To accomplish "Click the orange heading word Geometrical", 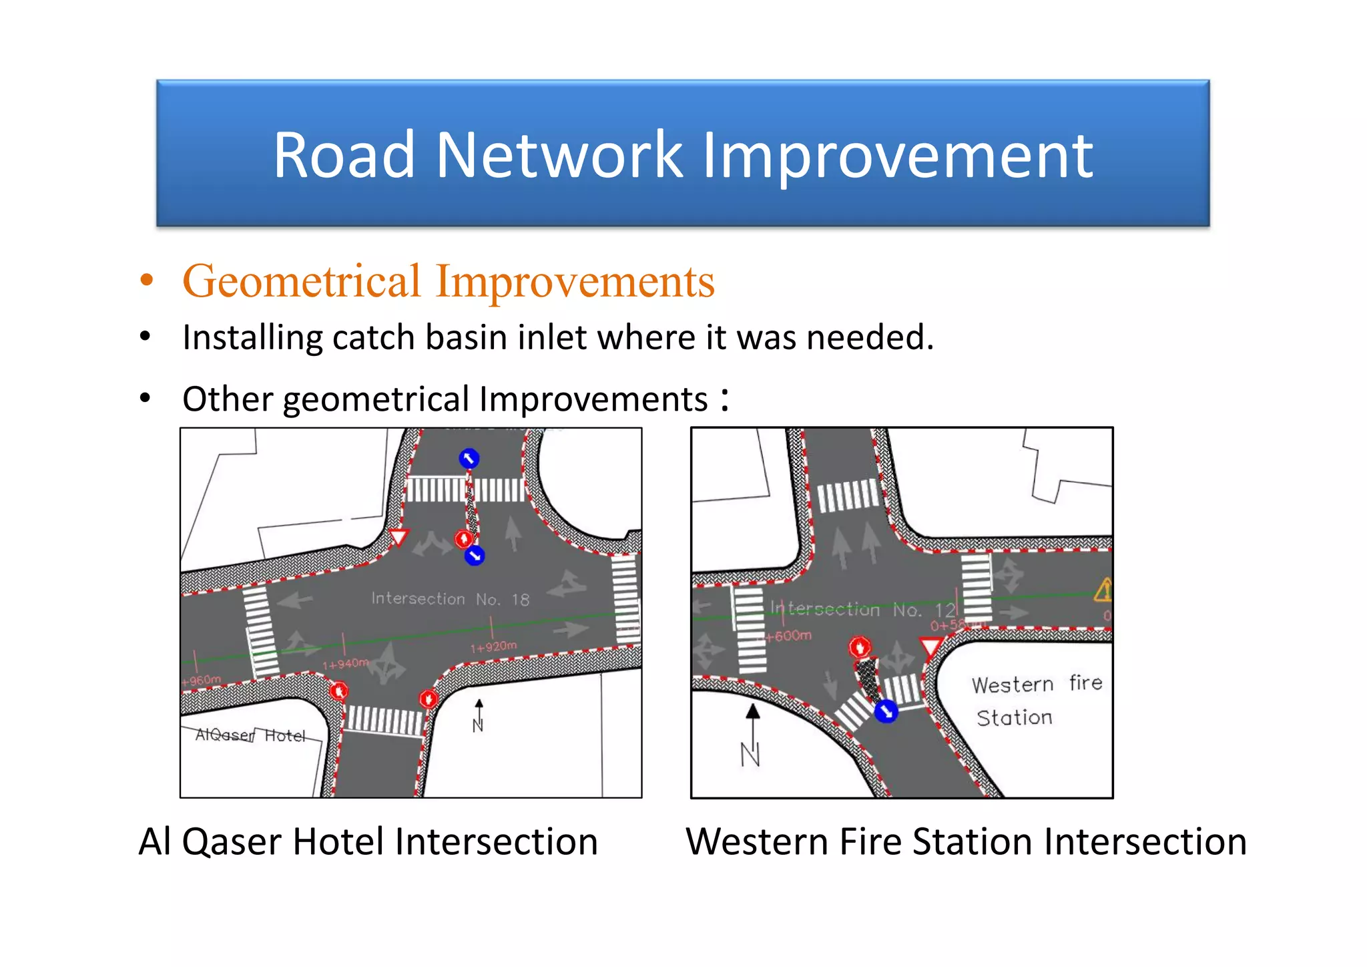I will pos(302,281).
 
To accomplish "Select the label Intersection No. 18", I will pos(450,598).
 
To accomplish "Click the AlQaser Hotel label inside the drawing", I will pos(250,735).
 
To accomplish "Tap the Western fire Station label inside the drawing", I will pos(1035,701).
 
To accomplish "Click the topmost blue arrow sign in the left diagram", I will pos(469,458).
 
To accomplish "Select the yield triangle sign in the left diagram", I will pos(398,537).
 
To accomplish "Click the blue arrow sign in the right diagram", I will pos(886,711).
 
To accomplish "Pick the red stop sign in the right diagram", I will pos(859,646).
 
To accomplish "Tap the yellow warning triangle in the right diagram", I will pos(1103,590).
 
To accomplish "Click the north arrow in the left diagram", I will pos(479,715).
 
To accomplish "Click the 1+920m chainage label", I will pos(493,646).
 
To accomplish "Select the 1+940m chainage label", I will pos(345,664).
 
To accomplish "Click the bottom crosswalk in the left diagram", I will pos(384,721).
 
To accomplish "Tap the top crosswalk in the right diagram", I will pos(848,496).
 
